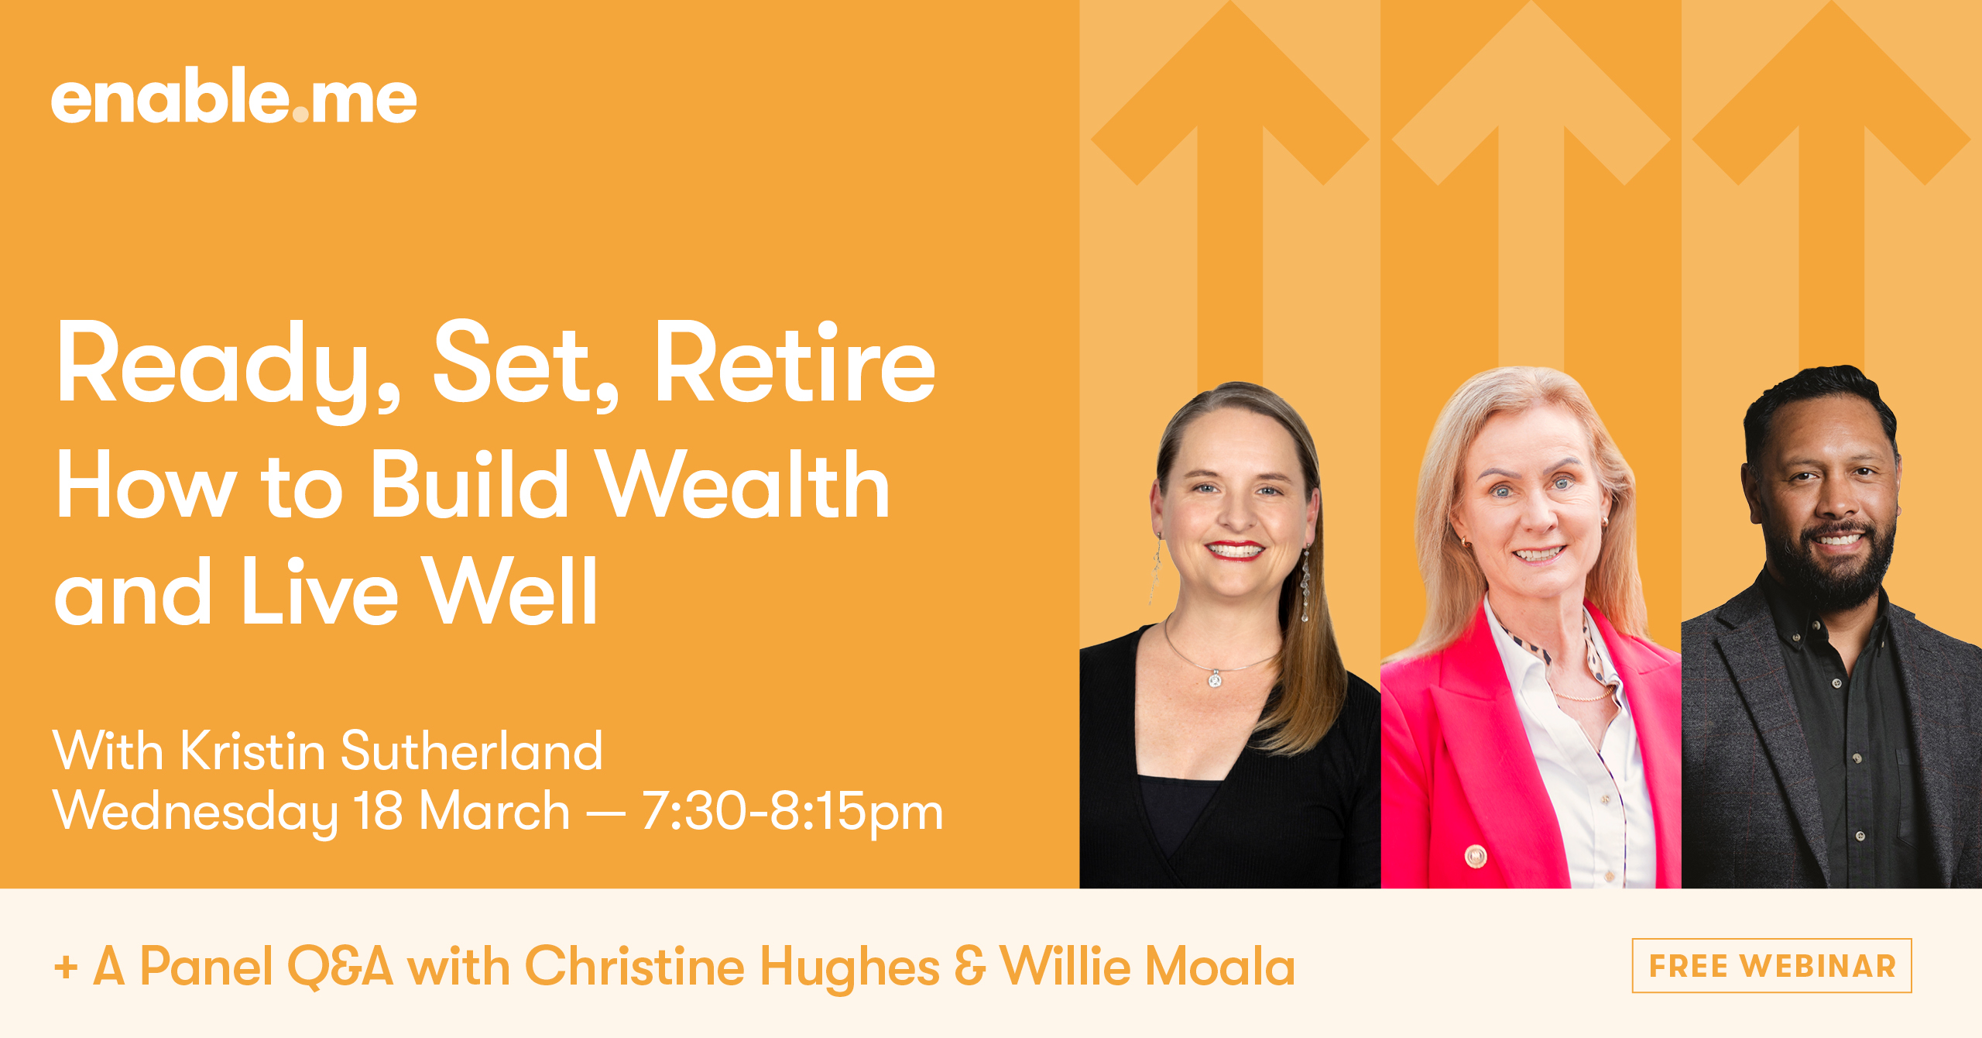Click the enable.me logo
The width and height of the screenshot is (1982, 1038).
[x=234, y=96]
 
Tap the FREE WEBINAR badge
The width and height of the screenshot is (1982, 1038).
[x=1771, y=965]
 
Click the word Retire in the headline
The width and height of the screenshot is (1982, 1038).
[x=795, y=363]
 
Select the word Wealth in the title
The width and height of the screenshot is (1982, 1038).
[x=745, y=485]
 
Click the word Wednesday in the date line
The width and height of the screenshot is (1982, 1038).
[x=196, y=813]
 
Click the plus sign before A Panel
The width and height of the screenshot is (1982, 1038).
[x=66, y=968]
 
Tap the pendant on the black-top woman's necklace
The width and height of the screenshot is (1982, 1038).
[x=1215, y=679]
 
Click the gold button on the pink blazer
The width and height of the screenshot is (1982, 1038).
[x=1476, y=856]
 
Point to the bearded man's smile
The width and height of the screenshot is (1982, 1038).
[x=1836, y=538]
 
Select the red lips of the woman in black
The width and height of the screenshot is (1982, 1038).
[x=1236, y=550]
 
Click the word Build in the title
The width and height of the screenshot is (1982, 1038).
[x=469, y=485]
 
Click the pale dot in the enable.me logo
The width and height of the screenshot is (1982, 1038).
[x=300, y=115]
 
